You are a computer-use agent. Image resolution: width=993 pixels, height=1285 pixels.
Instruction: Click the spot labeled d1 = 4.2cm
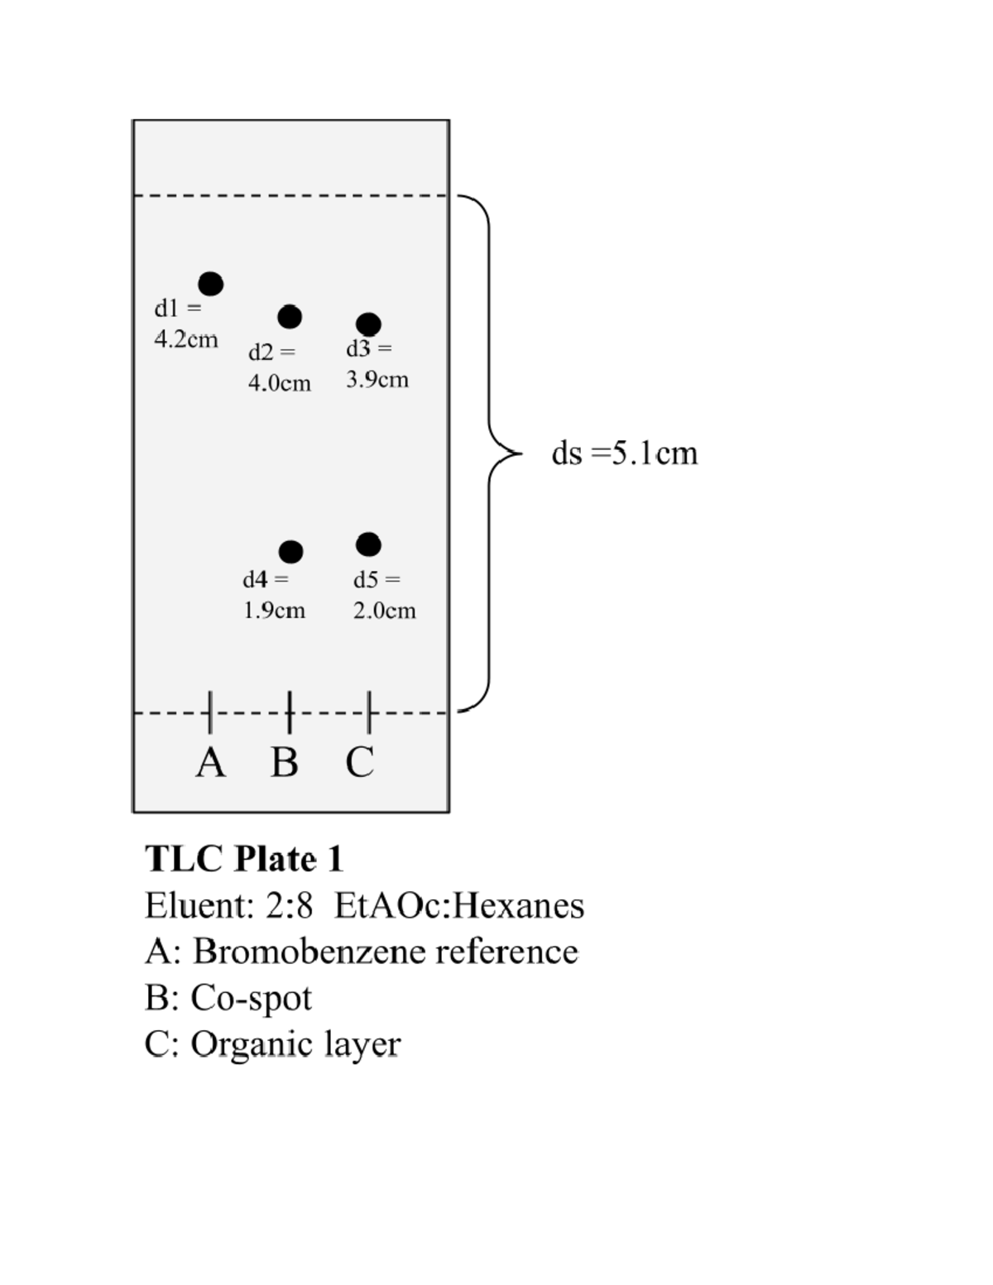(211, 284)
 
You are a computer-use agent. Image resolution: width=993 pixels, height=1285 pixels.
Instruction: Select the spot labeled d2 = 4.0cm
(290, 316)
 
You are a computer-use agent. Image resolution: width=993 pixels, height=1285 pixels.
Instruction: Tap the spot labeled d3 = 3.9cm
(368, 324)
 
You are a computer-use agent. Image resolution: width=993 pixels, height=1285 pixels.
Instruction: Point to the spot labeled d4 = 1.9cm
(290, 551)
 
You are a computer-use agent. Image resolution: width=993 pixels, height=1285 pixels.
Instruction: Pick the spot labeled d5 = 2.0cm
(368, 544)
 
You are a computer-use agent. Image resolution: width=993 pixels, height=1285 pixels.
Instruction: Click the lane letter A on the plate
(211, 762)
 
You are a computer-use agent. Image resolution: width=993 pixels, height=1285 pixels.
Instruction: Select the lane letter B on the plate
(285, 762)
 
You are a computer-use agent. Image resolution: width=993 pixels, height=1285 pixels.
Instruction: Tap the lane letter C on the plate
(360, 762)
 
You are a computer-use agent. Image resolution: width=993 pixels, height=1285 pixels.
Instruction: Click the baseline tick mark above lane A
(210, 712)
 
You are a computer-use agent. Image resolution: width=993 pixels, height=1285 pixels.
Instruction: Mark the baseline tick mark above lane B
(290, 712)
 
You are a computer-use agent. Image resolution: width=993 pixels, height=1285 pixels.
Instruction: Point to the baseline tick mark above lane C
(369, 712)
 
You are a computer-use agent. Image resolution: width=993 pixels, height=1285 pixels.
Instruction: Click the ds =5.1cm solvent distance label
(625, 453)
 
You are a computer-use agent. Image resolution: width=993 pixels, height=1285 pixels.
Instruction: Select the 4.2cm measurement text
(186, 339)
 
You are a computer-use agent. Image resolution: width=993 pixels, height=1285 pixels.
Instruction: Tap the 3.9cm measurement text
(377, 380)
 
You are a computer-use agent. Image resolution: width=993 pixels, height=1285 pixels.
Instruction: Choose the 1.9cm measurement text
(274, 611)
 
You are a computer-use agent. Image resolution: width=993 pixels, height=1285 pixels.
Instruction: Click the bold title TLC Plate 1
(244, 859)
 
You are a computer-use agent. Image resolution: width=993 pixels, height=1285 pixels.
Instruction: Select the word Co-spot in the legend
(252, 998)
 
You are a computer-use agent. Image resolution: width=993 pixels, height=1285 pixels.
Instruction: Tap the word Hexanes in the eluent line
(519, 905)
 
